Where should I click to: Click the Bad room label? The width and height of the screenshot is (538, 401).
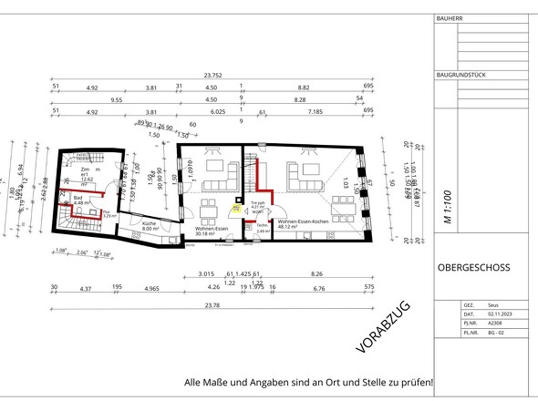click(79, 196)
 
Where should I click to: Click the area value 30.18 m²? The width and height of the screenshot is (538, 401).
click(209, 231)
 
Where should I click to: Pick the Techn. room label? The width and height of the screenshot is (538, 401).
click(263, 225)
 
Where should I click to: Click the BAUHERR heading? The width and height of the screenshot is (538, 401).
click(450, 18)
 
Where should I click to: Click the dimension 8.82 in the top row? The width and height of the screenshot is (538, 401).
click(304, 88)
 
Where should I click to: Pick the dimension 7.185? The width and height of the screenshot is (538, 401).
click(316, 112)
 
